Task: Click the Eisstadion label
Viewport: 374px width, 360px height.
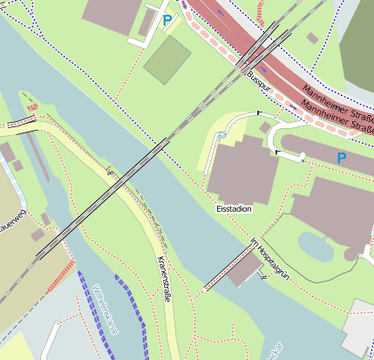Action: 234,209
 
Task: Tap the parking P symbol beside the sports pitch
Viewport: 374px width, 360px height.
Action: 167,20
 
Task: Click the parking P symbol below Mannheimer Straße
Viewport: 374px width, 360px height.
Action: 341,158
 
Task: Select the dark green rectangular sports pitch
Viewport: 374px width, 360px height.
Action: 167,59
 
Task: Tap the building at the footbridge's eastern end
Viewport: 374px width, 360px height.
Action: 243,271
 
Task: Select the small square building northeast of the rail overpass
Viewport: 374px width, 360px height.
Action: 312,38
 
